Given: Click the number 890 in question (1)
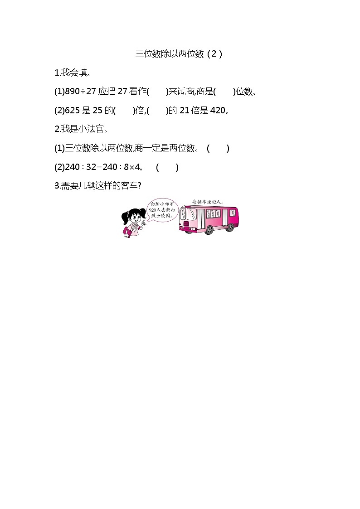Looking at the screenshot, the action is [73, 92].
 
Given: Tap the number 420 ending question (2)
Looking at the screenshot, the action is [218, 111].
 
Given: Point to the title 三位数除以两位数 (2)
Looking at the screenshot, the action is [179, 54].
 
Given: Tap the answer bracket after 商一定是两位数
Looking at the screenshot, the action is [218, 148].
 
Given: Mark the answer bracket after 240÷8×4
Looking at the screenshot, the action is [167, 167].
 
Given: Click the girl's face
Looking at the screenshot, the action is [134, 217].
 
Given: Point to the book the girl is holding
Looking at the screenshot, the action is [127, 232].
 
